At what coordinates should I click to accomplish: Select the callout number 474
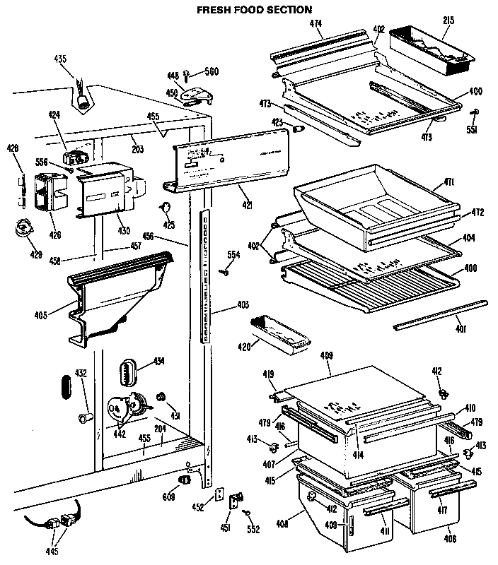click(x=315, y=24)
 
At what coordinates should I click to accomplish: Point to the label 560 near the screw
click(x=212, y=71)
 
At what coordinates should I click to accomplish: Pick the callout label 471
click(x=468, y=183)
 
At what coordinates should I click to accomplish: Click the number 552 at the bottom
click(x=253, y=530)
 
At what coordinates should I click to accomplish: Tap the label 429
click(x=35, y=255)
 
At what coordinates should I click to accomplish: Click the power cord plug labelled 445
click(x=61, y=524)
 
